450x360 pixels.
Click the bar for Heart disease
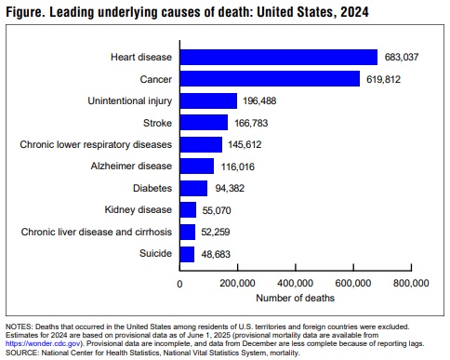(x=278, y=57)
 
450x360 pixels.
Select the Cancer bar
(x=269, y=79)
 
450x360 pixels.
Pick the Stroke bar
(x=204, y=123)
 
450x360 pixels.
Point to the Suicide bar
(x=187, y=254)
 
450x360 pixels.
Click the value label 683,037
(x=401, y=57)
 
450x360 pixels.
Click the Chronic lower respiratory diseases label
(x=96, y=145)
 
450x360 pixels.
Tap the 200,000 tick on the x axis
(x=237, y=283)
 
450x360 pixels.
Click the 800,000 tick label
(x=410, y=283)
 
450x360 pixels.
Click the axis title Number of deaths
(x=295, y=299)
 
